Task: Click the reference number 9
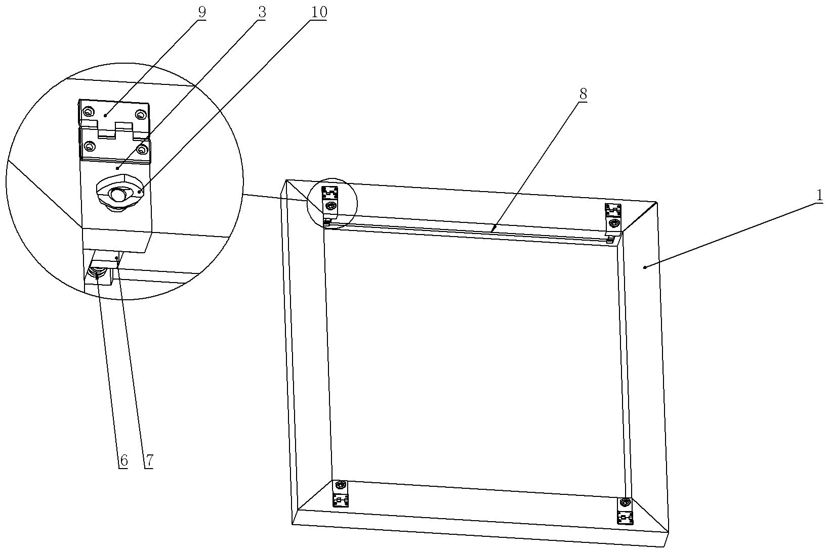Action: [202, 12]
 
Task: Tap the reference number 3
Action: [261, 12]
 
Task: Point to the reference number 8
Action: [583, 94]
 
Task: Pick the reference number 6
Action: [123, 460]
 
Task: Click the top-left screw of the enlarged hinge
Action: [88, 111]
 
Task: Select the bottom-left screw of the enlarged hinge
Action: [90, 147]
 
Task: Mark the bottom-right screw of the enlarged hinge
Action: [142, 149]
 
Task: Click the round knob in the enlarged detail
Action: [119, 194]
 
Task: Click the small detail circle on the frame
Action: [331, 203]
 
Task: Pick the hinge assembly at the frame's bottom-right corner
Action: [626, 511]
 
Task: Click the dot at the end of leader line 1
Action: [644, 267]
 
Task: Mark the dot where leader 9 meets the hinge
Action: [105, 115]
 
